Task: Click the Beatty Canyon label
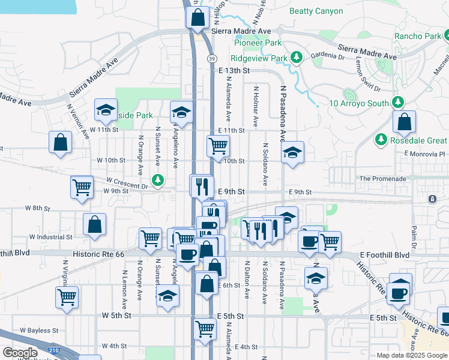point(316,11)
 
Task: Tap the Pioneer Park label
point(258,43)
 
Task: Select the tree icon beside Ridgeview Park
point(296,58)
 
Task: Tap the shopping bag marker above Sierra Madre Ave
point(197,18)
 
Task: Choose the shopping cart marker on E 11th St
point(217,145)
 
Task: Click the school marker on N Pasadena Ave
point(292,152)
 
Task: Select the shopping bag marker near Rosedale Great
point(405,122)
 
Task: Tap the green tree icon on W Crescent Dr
point(158,179)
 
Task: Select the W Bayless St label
point(39,330)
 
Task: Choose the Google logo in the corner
point(20,353)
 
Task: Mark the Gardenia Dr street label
point(329,57)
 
